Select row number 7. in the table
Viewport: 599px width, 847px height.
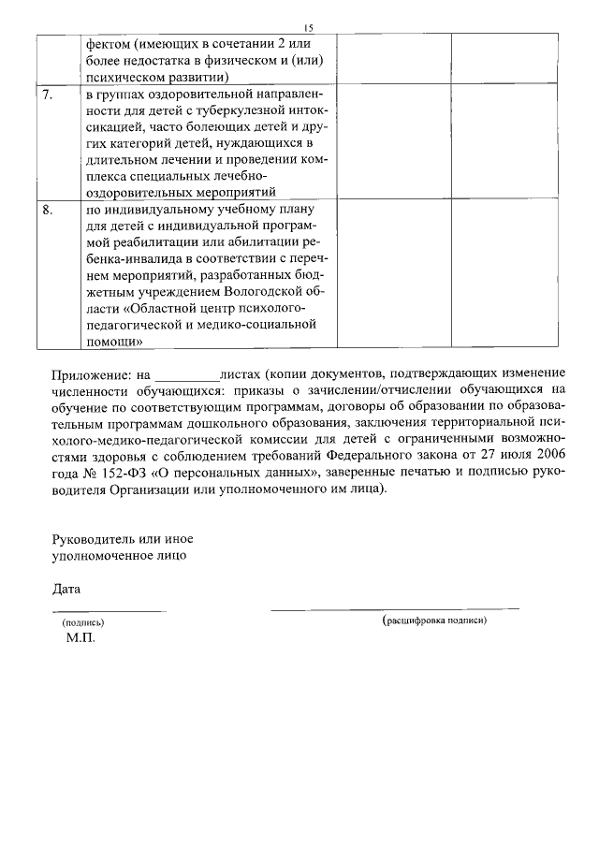48,95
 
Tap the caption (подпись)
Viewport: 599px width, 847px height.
83,621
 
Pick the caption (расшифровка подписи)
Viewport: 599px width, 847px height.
435,621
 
